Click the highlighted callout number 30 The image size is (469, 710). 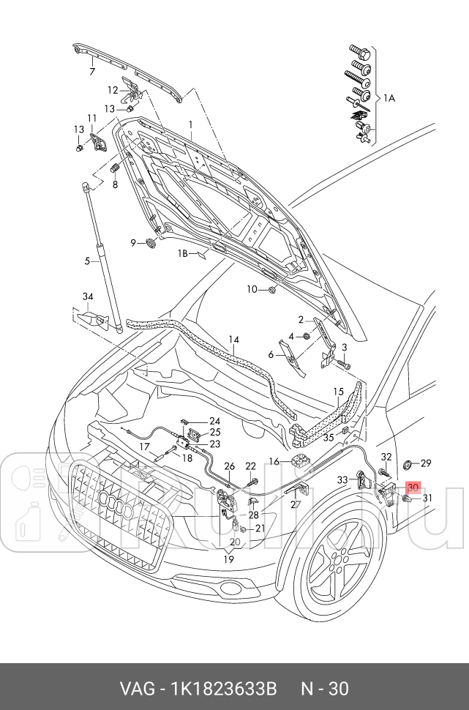point(413,487)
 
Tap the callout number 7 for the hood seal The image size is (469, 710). point(92,72)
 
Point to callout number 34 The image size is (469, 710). point(88,296)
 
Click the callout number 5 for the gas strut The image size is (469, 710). point(86,261)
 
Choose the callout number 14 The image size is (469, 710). point(234,339)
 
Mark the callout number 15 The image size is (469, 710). point(338,392)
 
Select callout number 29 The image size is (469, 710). point(426,463)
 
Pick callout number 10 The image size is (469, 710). point(252,290)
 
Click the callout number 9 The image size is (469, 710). point(135,242)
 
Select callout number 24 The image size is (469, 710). point(214,421)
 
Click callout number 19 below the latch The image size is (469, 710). point(228,559)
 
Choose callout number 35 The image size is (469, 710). point(329,437)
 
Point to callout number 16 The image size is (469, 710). point(274,461)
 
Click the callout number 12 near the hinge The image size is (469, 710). point(113,90)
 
